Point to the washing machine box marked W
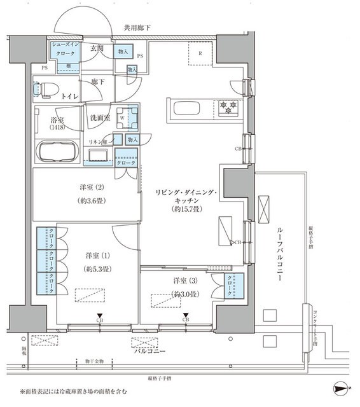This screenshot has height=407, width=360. point(131,117)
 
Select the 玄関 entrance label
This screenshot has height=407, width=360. point(97,49)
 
